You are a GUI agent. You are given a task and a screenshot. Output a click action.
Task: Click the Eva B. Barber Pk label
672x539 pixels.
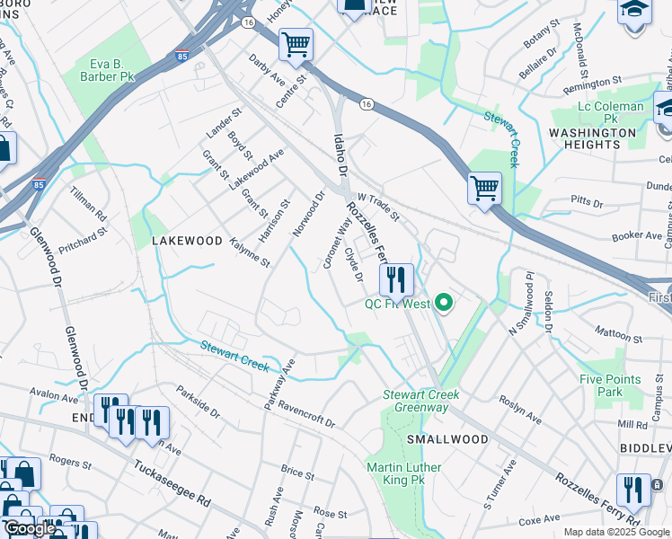coord(111,71)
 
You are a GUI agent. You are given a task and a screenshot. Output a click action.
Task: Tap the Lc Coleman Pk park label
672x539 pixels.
coord(610,112)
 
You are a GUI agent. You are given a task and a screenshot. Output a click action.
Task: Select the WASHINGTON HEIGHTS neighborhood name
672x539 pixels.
coord(592,138)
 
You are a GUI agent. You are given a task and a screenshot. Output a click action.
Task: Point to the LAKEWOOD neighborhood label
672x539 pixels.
coord(186,241)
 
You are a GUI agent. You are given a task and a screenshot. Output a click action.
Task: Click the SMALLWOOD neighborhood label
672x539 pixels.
coord(447,439)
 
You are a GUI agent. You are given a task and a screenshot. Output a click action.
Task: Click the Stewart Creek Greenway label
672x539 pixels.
coord(421,401)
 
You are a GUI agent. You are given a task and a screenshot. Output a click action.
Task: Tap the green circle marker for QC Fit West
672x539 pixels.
coord(442,303)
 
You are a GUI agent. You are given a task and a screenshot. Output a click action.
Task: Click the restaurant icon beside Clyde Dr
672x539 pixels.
coord(396,279)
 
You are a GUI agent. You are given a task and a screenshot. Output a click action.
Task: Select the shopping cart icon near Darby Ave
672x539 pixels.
coord(296,44)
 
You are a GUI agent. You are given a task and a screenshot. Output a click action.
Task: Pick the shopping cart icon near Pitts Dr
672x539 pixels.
coord(484,189)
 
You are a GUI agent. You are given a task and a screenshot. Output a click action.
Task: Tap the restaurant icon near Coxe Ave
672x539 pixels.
coord(634,490)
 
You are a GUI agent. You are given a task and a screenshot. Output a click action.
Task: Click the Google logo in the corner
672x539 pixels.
coord(30,528)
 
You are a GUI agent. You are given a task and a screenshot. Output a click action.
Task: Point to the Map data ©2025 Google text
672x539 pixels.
coord(616,532)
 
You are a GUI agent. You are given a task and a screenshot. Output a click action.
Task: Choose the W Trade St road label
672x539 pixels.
coord(378,208)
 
